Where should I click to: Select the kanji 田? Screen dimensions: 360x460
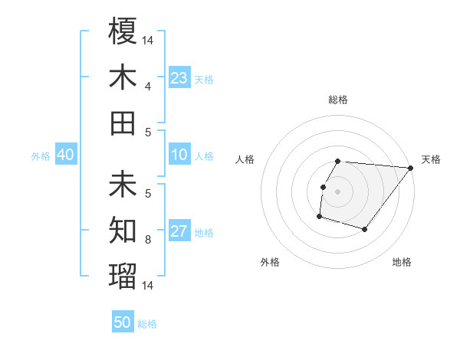(x=123, y=123)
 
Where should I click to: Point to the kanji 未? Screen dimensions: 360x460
(x=123, y=185)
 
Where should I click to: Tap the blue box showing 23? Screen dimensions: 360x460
(x=179, y=78)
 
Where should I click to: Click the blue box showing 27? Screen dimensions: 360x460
(x=179, y=232)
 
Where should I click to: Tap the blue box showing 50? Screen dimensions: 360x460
(x=123, y=323)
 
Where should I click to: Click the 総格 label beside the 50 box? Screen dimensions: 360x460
(x=147, y=324)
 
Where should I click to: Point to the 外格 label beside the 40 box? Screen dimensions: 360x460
(x=41, y=156)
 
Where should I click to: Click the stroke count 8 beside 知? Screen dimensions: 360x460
(x=149, y=240)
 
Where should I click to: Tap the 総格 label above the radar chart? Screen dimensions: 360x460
(x=338, y=100)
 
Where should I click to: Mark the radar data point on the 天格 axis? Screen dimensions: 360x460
(x=411, y=169)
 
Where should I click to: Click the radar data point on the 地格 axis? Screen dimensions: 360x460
(x=365, y=230)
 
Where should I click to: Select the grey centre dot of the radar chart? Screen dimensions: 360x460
(x=338, y=191)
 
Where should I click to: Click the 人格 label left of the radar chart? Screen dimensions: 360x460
(x=245, y=159)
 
